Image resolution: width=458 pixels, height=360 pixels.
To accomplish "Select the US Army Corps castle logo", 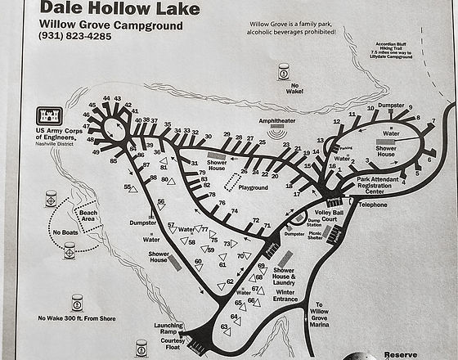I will click(50, 116).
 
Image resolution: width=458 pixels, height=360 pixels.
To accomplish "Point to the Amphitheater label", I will click(276, 119).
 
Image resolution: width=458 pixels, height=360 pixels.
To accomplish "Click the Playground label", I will click(253, 187).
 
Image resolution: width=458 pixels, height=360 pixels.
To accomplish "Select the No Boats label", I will click(65, 232).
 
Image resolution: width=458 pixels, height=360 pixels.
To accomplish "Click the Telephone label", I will click(372, 205).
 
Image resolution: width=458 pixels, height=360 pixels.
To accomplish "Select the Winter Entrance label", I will click(285, 296).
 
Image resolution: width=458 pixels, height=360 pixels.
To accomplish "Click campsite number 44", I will click(106, 98).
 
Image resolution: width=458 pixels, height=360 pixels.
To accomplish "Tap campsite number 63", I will click(222, 326).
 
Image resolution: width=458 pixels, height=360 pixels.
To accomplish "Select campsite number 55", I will click(128, 187).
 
